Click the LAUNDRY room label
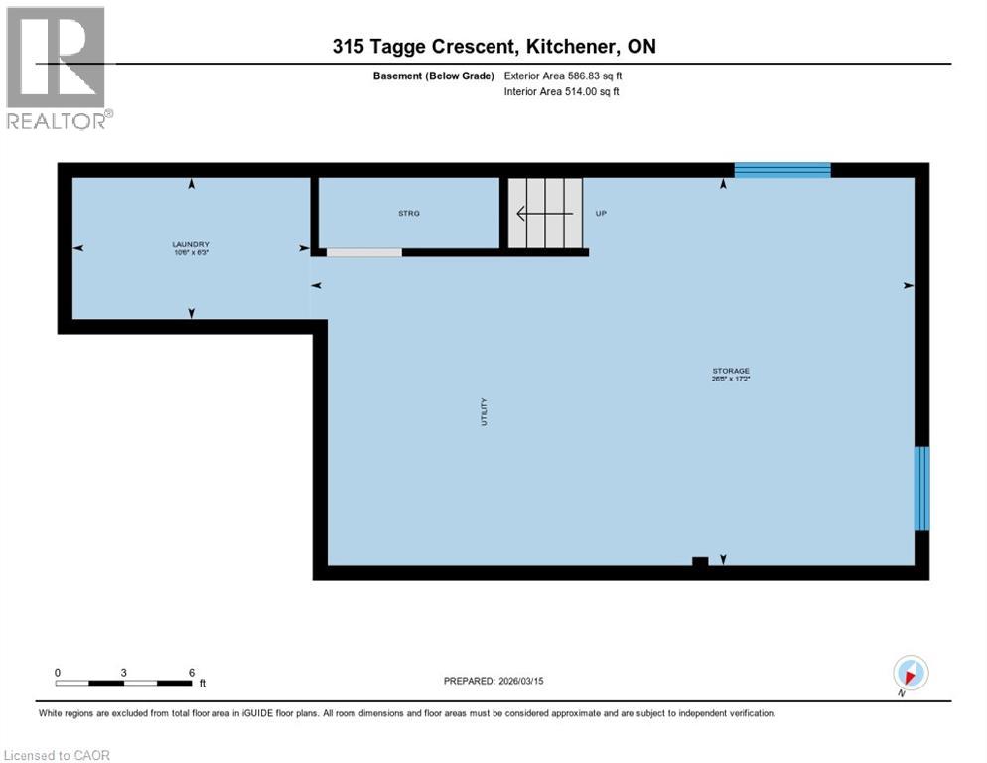tap(191, 244)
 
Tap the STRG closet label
tap(408, 213)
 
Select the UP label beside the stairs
tap(601, 213)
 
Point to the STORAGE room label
tap(730, 371)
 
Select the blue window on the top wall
tap(781, 170)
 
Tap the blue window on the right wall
tap(921, 487)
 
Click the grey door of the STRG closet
tap(364, 252)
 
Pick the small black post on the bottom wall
tap(700, 563)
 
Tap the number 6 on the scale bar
tap(191, 672)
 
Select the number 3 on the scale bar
tap(123, 672)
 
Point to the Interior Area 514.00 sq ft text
tap(562, 92)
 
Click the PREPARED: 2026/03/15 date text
tap(493, 681)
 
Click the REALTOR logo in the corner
tap(59, 68)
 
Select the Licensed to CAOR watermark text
tap(58, 755)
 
